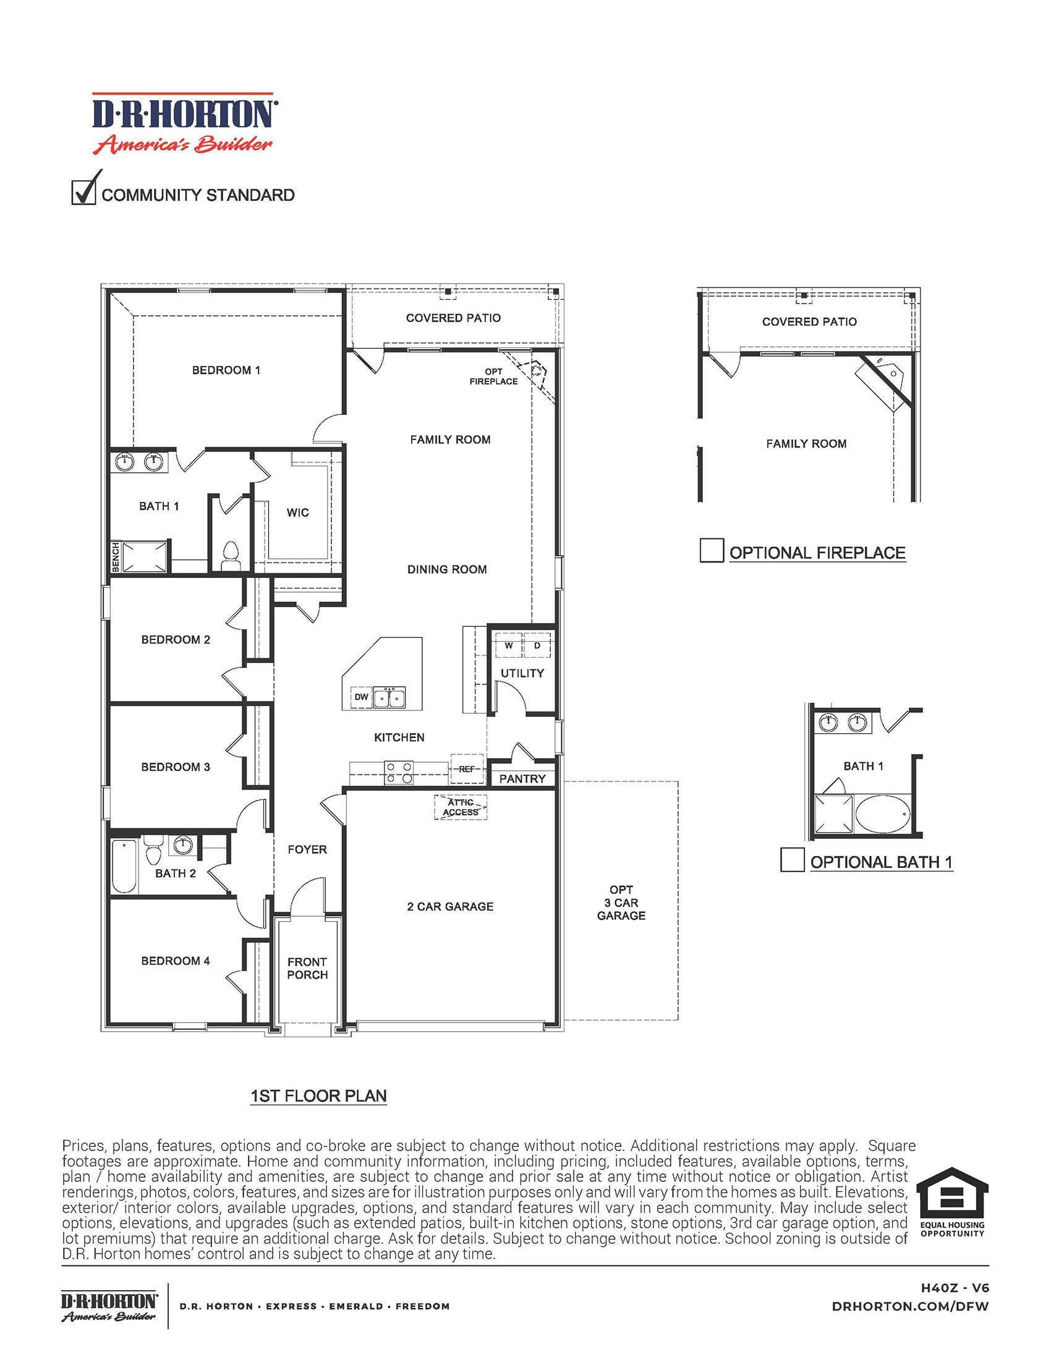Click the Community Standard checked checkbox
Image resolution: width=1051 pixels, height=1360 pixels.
[83, 192]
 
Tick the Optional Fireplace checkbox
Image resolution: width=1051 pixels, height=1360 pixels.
[712, 550]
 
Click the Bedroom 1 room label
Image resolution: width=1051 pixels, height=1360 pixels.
[226, 370]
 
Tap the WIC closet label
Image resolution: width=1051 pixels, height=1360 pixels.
[297, 512]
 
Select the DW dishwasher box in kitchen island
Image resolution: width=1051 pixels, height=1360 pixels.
[361, 697]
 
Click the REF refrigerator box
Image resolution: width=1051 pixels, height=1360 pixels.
[467, 769]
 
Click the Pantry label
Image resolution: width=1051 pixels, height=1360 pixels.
[522, 778]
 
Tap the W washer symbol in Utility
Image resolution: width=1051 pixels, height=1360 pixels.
[509, 645]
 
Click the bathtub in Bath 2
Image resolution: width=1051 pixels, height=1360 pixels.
[124, 866]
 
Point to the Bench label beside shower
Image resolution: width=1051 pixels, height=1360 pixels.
[115, 556]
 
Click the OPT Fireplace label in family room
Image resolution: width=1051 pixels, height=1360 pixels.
[493, 376]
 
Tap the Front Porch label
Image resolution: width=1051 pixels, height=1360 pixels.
[307, 968]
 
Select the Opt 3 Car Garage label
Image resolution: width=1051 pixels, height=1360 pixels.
[621, 903]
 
